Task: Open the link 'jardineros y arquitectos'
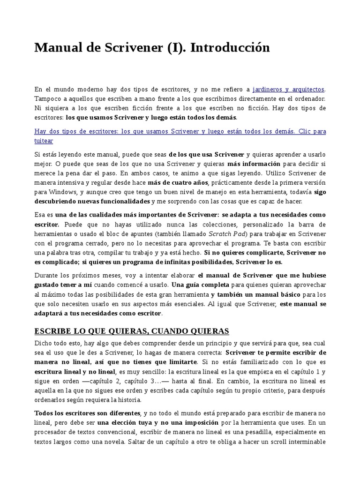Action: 288,89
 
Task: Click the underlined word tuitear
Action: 44,141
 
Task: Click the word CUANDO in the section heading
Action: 172,331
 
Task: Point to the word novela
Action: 140,441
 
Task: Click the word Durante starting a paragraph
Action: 47,275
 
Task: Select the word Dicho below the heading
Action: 44,343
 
